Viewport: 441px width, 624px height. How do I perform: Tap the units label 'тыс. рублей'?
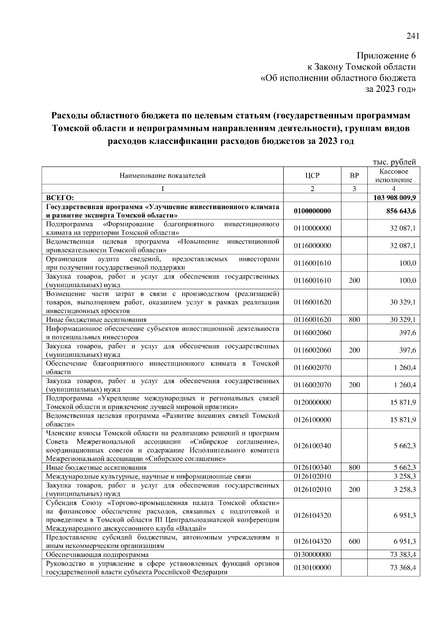pyautogui.click(x=394, y=162)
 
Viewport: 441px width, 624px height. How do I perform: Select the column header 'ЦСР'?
pyautogui.click(x=312, y=176)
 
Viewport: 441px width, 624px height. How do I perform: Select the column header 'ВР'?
pyautogui.click(x=354, y=176)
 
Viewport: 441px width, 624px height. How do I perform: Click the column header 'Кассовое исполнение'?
pyautogui.click(x=394, y=176)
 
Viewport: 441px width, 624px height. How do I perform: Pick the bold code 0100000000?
pyautogui.click(x=312, y=211)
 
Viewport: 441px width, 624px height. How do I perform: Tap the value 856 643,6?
pyautogui.click(x=400, y=211)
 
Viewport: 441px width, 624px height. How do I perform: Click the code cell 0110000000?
pyautogui.click(x=312, y=228)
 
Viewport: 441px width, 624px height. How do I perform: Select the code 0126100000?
pyautogui.click(x=312, y=420)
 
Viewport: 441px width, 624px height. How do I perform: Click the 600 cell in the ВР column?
pyautogui.click(x=354, y=541)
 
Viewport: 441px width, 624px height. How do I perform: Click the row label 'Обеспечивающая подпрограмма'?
pyautogui.click(x=97, y=555)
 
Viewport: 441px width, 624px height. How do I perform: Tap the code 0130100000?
pyautogui.click(x=312, y=568)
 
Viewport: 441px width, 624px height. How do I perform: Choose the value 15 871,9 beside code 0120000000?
pyautogui.click(x=403, y=402)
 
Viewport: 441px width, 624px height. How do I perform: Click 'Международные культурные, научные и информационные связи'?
pyautogui.click(x=148, y=477)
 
